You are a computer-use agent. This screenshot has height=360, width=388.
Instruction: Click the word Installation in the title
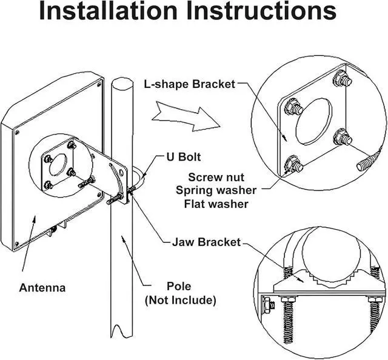point(108,11)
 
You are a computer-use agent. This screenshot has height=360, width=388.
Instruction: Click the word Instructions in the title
point(261,11)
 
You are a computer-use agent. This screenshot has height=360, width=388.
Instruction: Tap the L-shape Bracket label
point(190,84)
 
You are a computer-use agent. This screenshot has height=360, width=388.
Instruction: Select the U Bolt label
point(183,157)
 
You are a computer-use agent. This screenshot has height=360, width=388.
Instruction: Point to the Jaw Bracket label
point(206,242)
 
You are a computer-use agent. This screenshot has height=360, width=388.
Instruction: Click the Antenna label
point(42,288)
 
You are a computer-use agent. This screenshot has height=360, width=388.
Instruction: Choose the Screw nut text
point(216,178)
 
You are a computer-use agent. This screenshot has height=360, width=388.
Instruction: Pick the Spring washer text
point(216,190)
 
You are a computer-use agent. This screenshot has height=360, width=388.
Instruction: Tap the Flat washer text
point(216,204)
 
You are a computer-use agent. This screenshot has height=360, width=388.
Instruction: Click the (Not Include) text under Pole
point(181,300)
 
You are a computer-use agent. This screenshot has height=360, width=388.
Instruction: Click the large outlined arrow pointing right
point(186,116)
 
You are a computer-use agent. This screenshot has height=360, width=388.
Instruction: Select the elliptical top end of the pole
point(122,83)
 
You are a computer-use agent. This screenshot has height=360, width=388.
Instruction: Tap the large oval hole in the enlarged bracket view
point(313,121)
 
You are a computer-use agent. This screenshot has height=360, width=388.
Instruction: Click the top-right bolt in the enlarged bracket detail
point(342,78)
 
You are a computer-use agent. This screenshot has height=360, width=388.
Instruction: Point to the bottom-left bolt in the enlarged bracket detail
point(293,164)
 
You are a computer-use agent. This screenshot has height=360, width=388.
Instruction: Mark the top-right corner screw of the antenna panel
point(99,84)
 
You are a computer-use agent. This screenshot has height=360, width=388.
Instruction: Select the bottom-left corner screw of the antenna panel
point(16,244)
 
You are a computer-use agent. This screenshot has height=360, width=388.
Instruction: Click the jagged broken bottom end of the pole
point(121,331)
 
